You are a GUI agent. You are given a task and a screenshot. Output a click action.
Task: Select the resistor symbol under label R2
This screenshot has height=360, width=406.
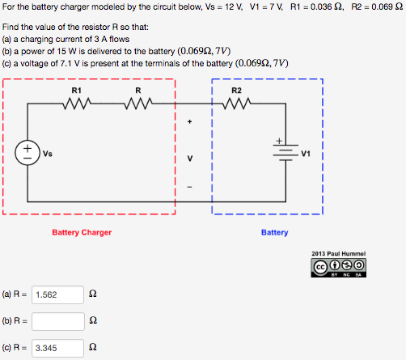tap(236, 104)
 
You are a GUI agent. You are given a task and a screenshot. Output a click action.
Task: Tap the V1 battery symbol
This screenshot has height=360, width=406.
tap(285, 152)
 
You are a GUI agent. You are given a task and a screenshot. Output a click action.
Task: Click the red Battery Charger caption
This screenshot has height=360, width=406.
tap(82, 232)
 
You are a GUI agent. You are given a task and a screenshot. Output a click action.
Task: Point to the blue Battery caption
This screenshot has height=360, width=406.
tap(274, 232)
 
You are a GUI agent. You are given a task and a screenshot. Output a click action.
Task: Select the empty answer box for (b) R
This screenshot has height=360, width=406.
tap(58, 322)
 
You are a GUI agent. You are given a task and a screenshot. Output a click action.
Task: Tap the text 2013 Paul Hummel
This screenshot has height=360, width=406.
tap(339, 254)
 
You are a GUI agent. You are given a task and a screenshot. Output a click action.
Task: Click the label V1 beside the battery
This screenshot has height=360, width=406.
tap(306, 152)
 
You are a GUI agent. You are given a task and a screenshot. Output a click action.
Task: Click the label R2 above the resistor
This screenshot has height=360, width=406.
tap(236, 89)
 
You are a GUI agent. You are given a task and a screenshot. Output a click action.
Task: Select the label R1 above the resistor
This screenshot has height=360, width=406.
tap(77, 89)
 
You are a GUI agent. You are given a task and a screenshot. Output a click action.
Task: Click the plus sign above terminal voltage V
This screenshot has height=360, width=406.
tap(190, 123)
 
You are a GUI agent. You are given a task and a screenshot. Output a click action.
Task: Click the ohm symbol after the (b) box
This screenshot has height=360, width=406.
tap(94, 322)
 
